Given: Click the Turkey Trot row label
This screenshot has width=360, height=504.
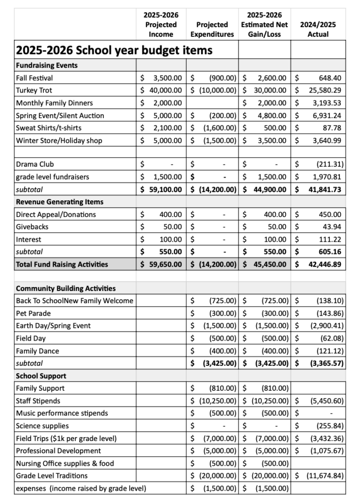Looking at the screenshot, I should coord(34,91).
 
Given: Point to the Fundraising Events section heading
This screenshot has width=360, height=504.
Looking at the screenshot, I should coord(47,65).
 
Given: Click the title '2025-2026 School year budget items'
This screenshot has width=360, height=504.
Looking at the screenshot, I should coord(114,50).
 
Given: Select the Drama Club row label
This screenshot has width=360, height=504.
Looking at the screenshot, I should coord(34,164).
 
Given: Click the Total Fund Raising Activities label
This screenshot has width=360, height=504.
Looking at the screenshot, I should coord(62,264).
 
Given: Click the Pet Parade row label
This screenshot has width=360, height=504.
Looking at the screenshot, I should coord(33,313).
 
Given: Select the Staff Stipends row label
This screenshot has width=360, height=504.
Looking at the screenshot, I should coord(38,401).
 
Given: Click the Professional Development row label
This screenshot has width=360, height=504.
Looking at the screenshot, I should coord(58,451).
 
